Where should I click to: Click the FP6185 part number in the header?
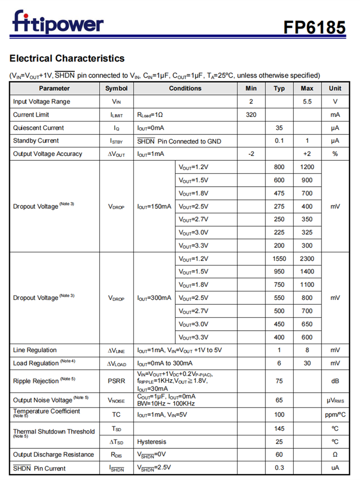[x=314, y=27]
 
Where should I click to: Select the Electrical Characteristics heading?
[x=67, y=59]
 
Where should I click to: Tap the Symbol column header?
[x=116, y=88]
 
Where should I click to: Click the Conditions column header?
[x=185, y=88]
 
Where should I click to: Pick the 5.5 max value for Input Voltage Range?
[x=307, y=102]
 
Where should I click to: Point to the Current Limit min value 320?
[x=251, y=115]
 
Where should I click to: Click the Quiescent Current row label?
[x=38, y=128]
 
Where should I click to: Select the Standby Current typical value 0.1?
[x=279, y=141]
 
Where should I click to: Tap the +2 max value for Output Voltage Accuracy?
[x=307, y=154]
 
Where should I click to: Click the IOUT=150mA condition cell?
[x=154, y=206]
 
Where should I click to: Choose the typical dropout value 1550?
[x=279, y=259]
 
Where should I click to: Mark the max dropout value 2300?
[x=307, y=259]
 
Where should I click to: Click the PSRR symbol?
[x=116, y=381]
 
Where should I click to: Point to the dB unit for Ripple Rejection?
[x=335, y=381]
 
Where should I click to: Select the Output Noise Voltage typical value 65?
[x=279, y=400]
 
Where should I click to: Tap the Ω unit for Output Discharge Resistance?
[x=335, y=455]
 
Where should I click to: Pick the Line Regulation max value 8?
[x=307, y=350]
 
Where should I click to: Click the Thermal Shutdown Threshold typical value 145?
[x=279, y=429]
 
